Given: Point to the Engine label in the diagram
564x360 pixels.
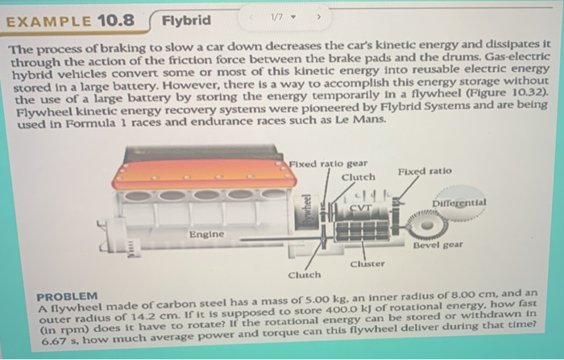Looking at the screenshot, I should (206, 234).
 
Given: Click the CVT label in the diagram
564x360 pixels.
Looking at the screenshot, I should (360, 209).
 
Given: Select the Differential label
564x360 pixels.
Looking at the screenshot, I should (458, 203).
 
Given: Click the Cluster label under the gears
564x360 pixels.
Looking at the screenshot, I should (367, 263).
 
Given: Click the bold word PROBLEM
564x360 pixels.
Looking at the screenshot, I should (67, 296).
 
